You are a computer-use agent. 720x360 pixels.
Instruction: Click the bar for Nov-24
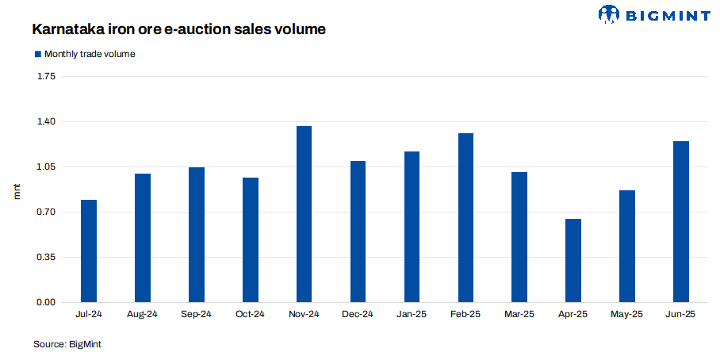[x=304, y=214]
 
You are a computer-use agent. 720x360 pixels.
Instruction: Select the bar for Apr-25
[x=573, y=261]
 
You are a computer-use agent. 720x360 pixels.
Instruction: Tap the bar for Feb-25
[x=465, y=218]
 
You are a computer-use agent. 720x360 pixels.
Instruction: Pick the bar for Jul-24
[x=89, y=251]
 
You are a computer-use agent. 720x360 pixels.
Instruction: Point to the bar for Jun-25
[x=681, y=222]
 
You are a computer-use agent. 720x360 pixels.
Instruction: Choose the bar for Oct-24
[x=251, y=240]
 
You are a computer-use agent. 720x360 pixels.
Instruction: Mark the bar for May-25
[x=627, y=247]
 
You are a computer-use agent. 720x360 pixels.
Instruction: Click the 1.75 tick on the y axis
[x=46, y=77]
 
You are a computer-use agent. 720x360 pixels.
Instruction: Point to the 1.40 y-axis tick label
[x=46, y=122]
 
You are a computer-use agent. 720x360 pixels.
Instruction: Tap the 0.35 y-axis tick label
[x=46, y=258]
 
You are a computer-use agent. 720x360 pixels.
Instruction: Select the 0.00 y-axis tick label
[x=46, y=303]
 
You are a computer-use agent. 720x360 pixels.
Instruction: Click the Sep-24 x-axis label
[x=196, y=315]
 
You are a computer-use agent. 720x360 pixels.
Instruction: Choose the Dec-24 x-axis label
[x=358, y=315]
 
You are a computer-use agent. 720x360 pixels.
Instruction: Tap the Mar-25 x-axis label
[x=519, y=315]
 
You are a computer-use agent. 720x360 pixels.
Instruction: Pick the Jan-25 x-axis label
[x=412, y=315]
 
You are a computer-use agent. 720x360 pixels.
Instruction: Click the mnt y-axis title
[x=17, y=190]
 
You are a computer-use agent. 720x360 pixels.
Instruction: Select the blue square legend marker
[x=36, y=54]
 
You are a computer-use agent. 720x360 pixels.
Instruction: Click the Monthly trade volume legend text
[x=90, y=54]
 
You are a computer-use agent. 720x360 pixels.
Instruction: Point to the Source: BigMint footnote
[x=67, y=344]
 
